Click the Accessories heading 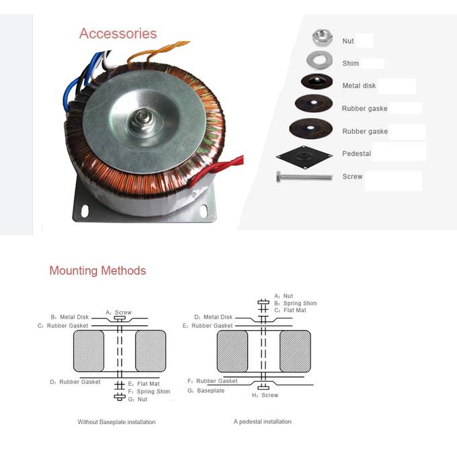point(118,34)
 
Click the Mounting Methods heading point(97,271)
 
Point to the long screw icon point(304,177)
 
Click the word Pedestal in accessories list point(356,154)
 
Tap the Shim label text point(350,64)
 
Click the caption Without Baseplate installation point(116,422)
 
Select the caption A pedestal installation point(262,422)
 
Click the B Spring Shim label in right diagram point(295,303)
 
